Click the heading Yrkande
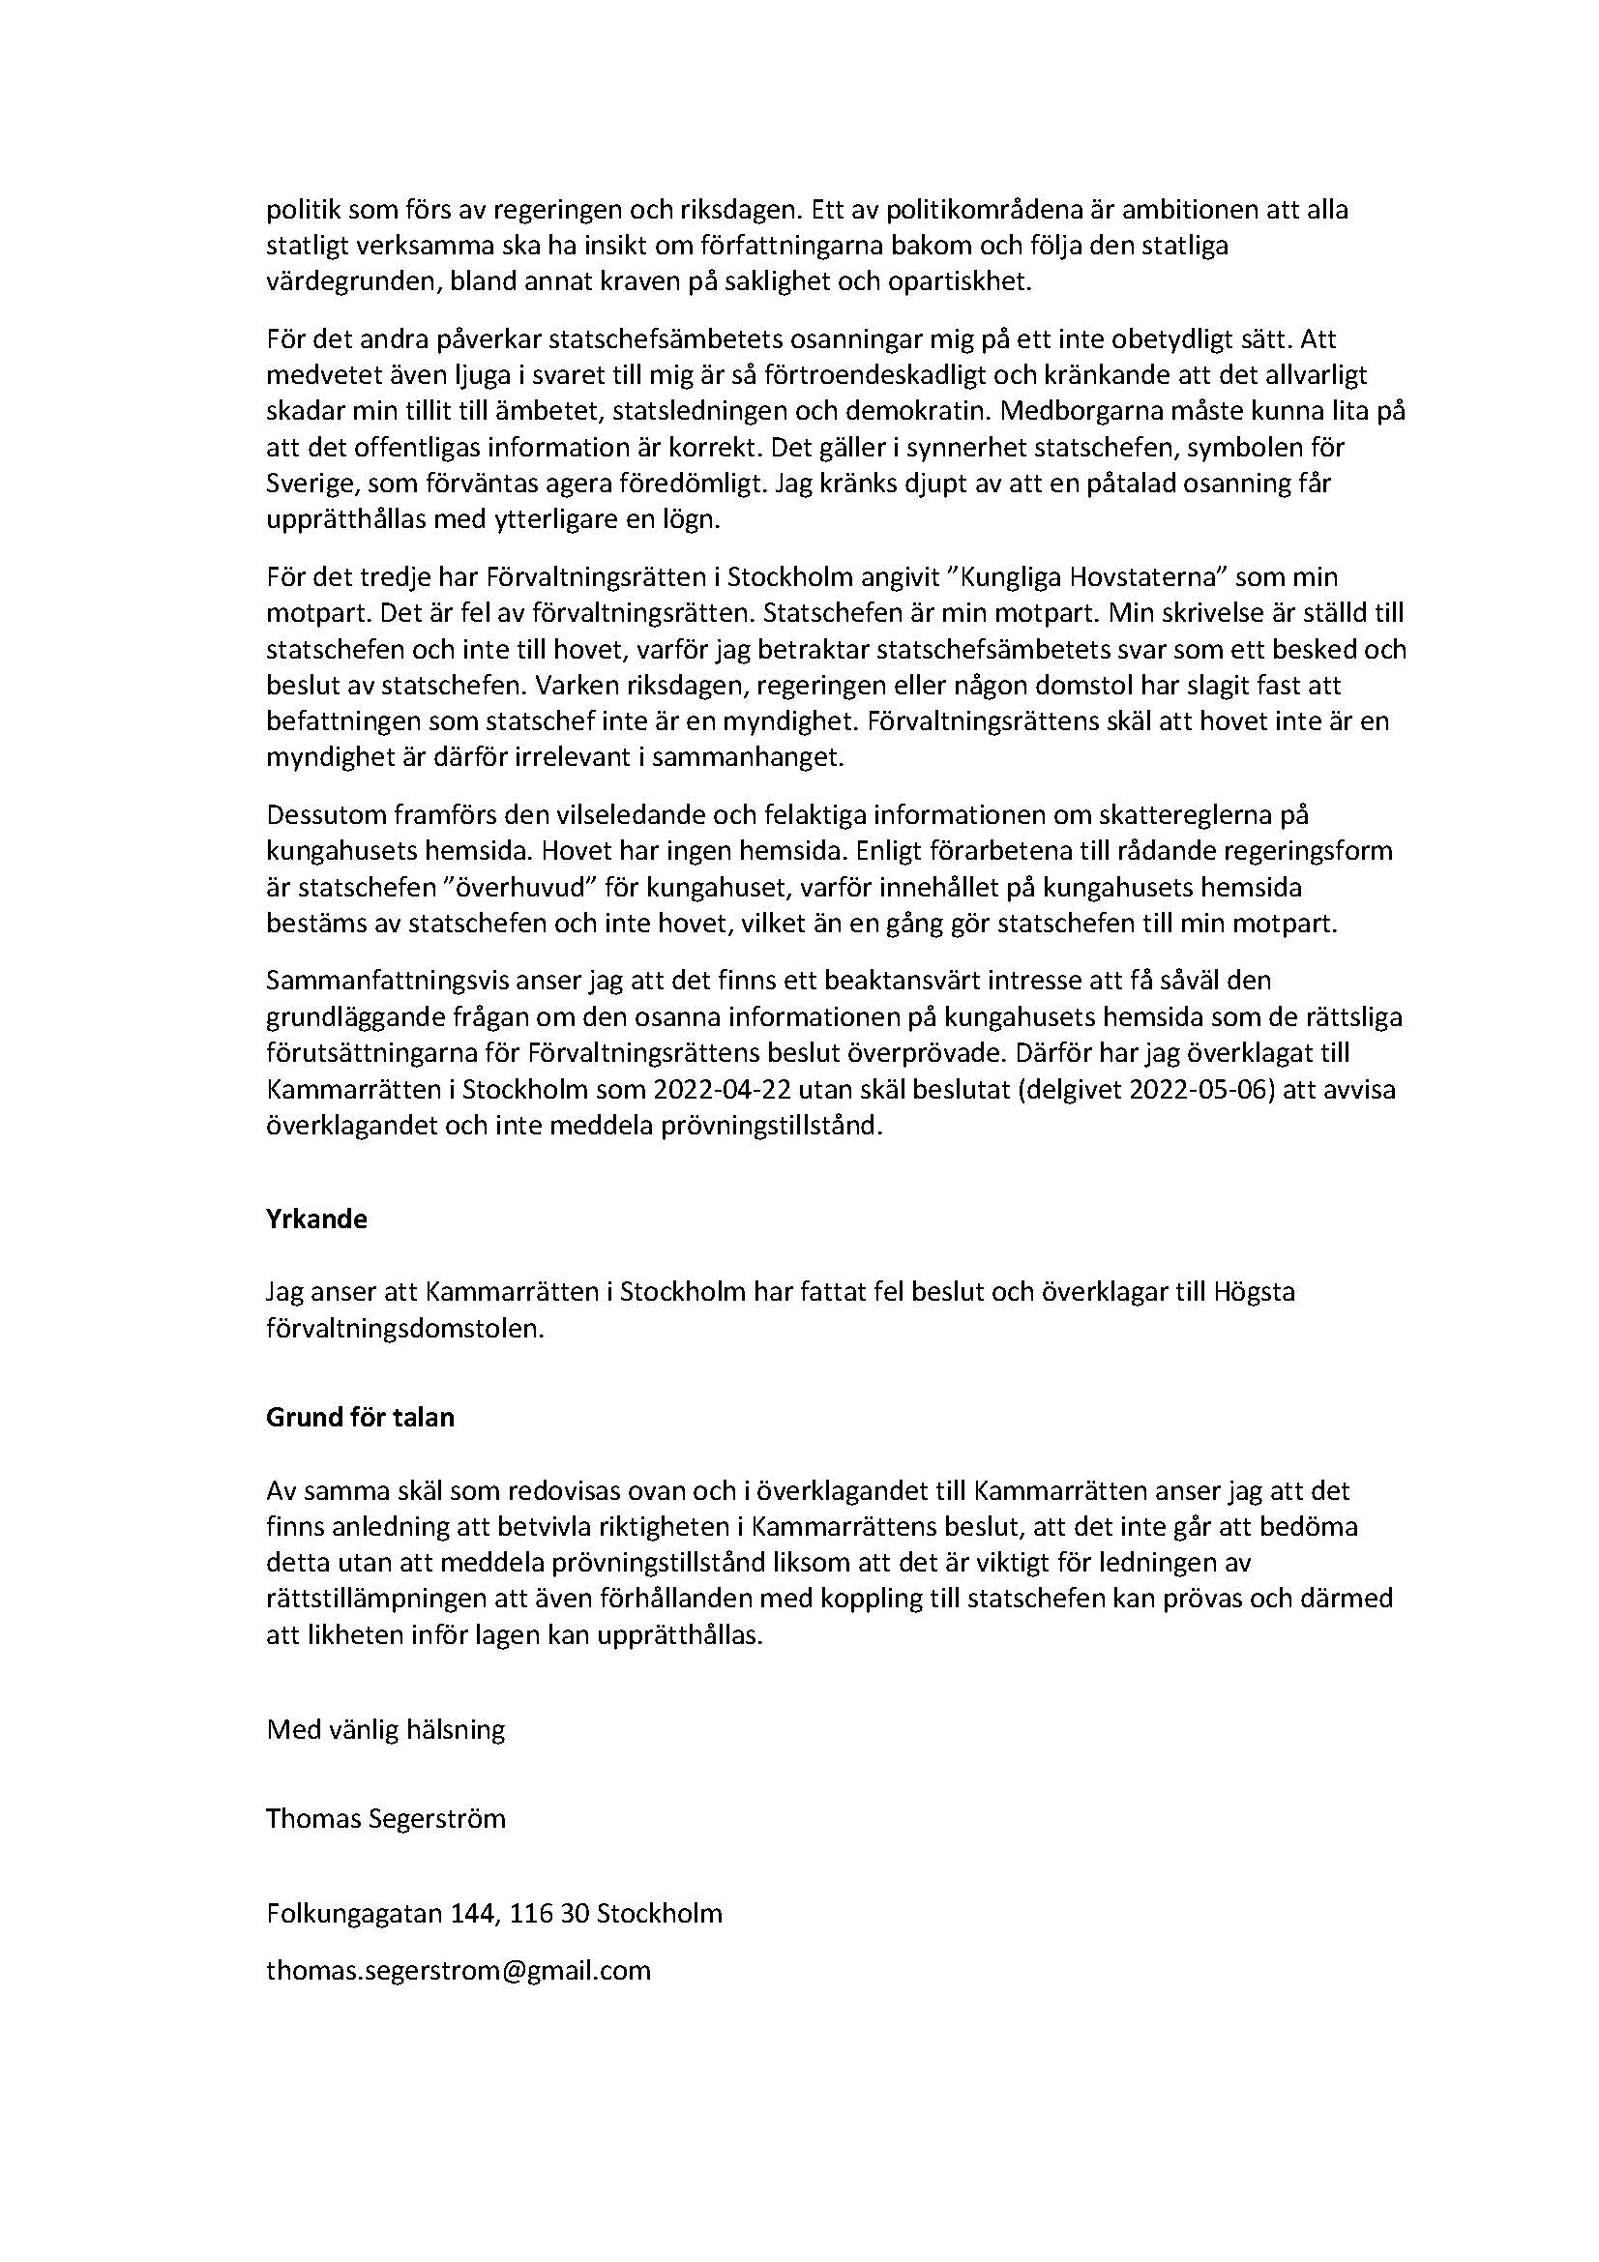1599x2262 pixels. point(316,1219)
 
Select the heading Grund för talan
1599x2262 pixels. point(361,1418)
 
